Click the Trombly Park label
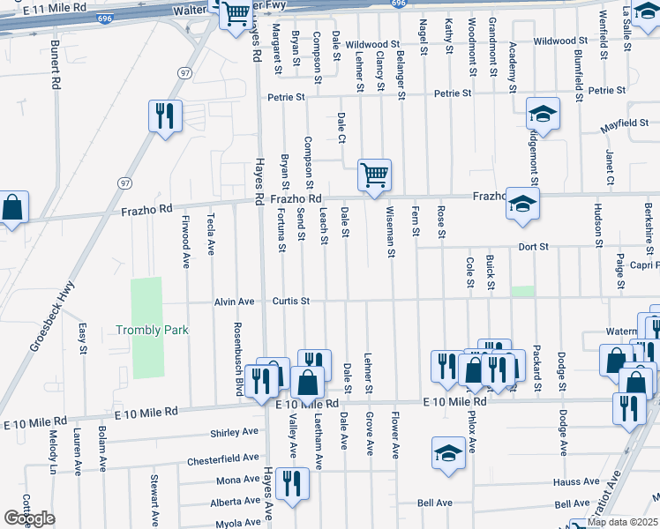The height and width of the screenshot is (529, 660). pos(153,331)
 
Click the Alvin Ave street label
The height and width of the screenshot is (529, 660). pos(234,302)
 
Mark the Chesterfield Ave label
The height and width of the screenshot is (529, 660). pos(222,460)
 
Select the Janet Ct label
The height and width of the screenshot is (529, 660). pos(610,167)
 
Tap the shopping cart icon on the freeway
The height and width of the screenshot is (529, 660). pos(236,13)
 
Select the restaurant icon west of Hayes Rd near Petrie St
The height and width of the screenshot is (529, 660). pos(165,115)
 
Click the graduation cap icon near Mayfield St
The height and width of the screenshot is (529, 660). pos(543,114)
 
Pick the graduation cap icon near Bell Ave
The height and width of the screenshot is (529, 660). pos(448,453)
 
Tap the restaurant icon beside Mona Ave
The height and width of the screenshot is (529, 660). pos(289,482)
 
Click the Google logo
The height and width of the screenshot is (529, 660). pos(29,518)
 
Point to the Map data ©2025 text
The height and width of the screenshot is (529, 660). pos(621,522)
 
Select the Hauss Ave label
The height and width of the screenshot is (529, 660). pos(576,482)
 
